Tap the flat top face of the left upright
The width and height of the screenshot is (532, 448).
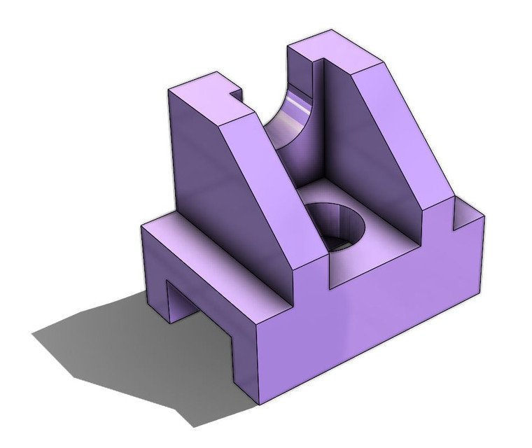[203, 103]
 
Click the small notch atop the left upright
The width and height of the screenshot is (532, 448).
[234, 93]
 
